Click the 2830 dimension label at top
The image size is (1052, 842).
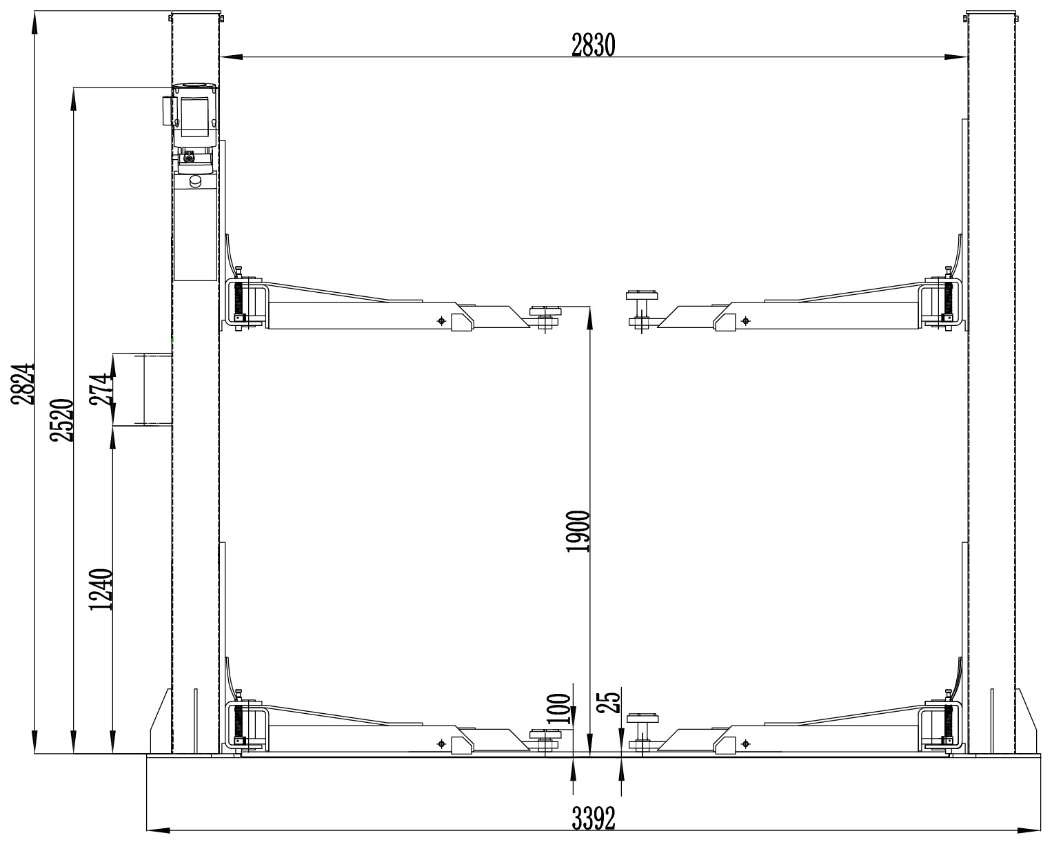click(593, 45)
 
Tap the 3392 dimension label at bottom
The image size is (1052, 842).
click(594, 819)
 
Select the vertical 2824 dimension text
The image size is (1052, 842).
click(23, 384)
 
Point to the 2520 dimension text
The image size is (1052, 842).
click(62, 420)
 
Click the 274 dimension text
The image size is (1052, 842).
click(101, 389)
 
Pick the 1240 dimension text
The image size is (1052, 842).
click(101, 590)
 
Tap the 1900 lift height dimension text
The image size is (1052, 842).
click(578, 532)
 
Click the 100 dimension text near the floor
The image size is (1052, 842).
click(559, 708)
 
